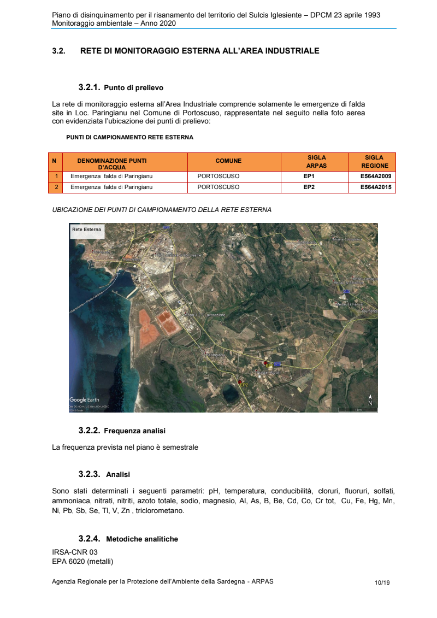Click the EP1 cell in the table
click(x=309, y=176)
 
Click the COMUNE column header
click(x=228, y=161)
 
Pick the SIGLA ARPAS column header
click(x=316, y=161)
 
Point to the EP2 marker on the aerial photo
click(x=240, y=381)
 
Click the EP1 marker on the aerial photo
click(x=265, y=363)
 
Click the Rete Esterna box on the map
click(x=86, y=229)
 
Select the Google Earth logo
click(x=84, y=400)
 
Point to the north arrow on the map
click(x=370, y=400)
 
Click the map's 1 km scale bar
click(x=358, y=409)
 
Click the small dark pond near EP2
click(x=230, y=392)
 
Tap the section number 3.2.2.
click(x=89, y=431)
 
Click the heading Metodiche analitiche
click(x=142, y=539)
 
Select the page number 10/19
click(x=382, y=582)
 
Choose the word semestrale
click(x=181, y=447)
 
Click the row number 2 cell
click(x=56, y=187)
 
